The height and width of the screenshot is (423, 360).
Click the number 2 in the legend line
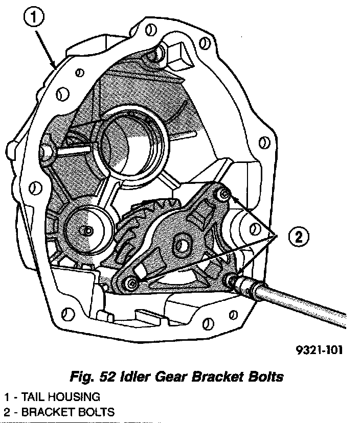click(6, 412)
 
